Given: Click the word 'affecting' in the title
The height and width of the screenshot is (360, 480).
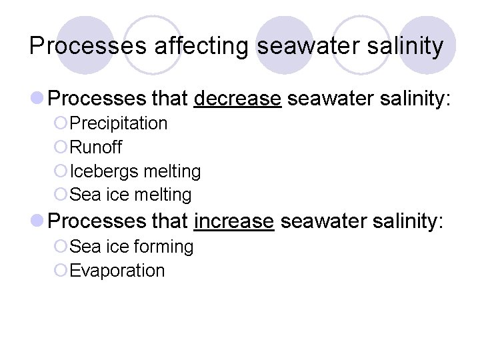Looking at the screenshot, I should (202, 46).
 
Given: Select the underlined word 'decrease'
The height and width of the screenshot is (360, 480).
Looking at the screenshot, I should (237, 99).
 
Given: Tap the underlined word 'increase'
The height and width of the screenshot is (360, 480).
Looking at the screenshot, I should (234, 221).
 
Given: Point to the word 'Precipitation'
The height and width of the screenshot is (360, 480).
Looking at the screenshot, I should (119, 123).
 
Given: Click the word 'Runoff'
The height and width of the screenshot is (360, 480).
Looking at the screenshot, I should (96, 147).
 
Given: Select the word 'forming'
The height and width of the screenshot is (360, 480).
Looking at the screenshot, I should (164, 247).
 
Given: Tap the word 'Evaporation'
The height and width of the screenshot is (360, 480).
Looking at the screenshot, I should (117, 271).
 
